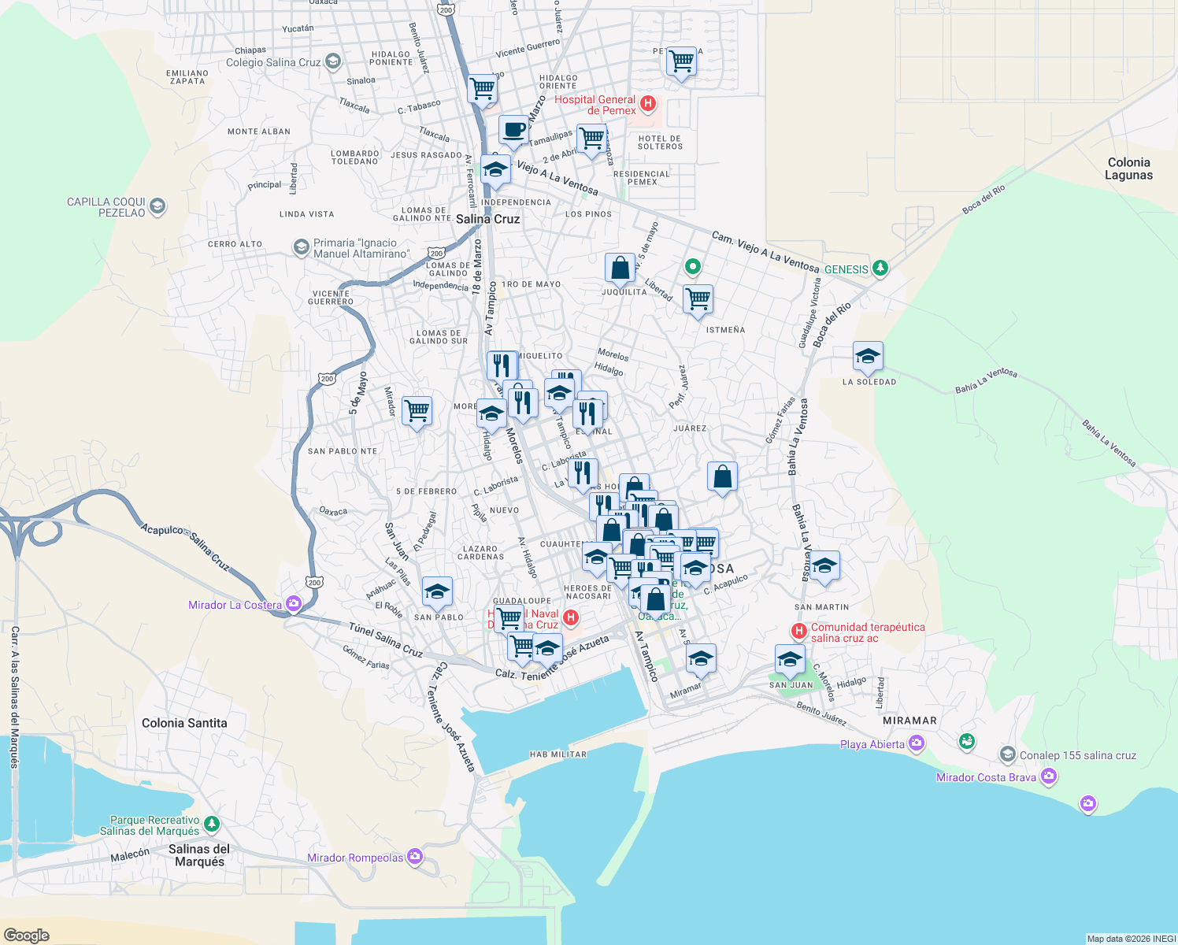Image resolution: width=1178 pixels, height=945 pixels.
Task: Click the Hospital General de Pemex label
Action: point(595,105)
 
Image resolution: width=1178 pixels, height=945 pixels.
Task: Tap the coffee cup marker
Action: point(513,130)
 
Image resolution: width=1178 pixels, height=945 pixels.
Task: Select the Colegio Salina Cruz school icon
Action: point(332,61)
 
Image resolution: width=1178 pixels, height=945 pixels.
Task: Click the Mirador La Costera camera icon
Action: point(294,604)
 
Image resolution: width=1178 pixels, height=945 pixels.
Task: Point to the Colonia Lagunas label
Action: point(1128,169)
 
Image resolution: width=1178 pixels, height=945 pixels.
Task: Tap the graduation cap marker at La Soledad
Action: point(868,357)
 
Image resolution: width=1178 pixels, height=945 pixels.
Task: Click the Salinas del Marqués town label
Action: point(199,855)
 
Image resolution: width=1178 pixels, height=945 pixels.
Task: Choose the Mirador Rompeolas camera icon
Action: point(415,857)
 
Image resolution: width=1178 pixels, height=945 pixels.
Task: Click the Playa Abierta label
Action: point(872,744)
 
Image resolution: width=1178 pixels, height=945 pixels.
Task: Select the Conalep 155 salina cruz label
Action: point(1077,755)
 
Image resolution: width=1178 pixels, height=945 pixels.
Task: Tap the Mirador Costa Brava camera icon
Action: point(1048,777)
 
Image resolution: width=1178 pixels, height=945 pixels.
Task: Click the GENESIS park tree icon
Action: point(880,269)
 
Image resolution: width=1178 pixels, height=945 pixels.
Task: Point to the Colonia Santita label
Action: point(184,723)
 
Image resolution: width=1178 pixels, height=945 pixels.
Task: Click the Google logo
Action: point(26,935)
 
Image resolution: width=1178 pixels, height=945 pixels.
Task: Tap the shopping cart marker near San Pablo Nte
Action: point(417,410)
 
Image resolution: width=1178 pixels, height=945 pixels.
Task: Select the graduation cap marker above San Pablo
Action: point(437,591)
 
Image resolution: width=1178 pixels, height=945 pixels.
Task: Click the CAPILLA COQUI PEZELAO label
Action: point(106,207)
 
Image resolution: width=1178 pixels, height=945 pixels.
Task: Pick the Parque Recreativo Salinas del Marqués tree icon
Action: point(211,825)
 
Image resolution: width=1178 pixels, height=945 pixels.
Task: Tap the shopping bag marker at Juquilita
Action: point(620,269)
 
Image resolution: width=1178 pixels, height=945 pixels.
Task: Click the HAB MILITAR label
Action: point(558,754)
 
